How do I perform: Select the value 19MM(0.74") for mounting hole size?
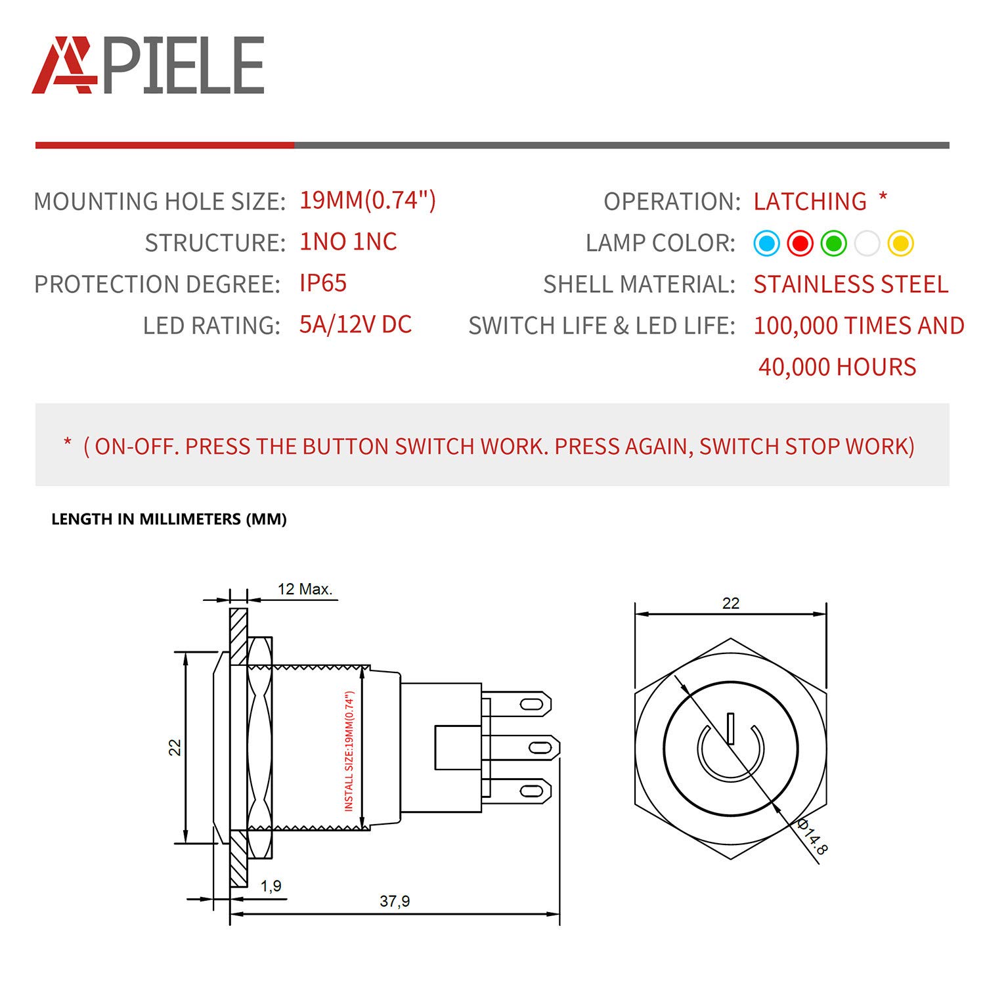367,200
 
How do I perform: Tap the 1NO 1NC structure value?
348,242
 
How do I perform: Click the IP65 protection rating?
322,283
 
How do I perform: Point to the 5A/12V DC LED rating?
355,324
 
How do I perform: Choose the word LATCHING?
810,201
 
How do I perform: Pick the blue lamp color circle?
766,244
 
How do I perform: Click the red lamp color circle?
800,244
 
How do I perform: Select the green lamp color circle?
833,244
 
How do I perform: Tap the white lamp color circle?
867,244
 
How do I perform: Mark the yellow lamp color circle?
900,244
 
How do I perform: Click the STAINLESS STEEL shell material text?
850,284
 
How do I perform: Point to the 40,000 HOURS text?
837,367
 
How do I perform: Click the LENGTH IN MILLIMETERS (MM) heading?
169,519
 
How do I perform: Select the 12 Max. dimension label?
305,589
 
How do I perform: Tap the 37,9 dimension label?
395,901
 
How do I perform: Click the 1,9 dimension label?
271,886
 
